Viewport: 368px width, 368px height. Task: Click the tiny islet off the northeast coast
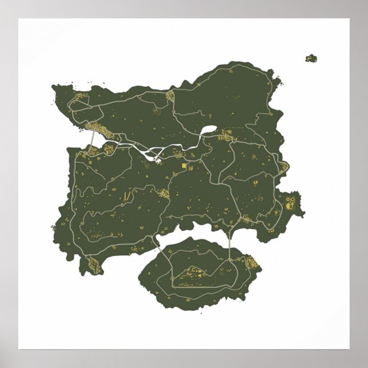pyautogui.click(x=311, y=58)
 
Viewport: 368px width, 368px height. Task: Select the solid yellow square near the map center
pyautogui.click(x=184, y=166)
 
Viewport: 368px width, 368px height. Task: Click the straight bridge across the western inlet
pyautogui.click(x=93, y=139)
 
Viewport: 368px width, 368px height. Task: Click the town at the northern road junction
pyautogui.click(x=170, y=97)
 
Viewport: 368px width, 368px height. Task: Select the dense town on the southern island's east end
pyautogui.click(x=250, y=264)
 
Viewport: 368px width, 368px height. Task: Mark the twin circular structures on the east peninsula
pyautogui.click(x=291, y=201)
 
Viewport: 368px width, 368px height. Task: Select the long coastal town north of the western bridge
pyautogui.click(x=95, y=127)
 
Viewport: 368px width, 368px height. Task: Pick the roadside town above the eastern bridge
pyautogui.click(x=247, y=219)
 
